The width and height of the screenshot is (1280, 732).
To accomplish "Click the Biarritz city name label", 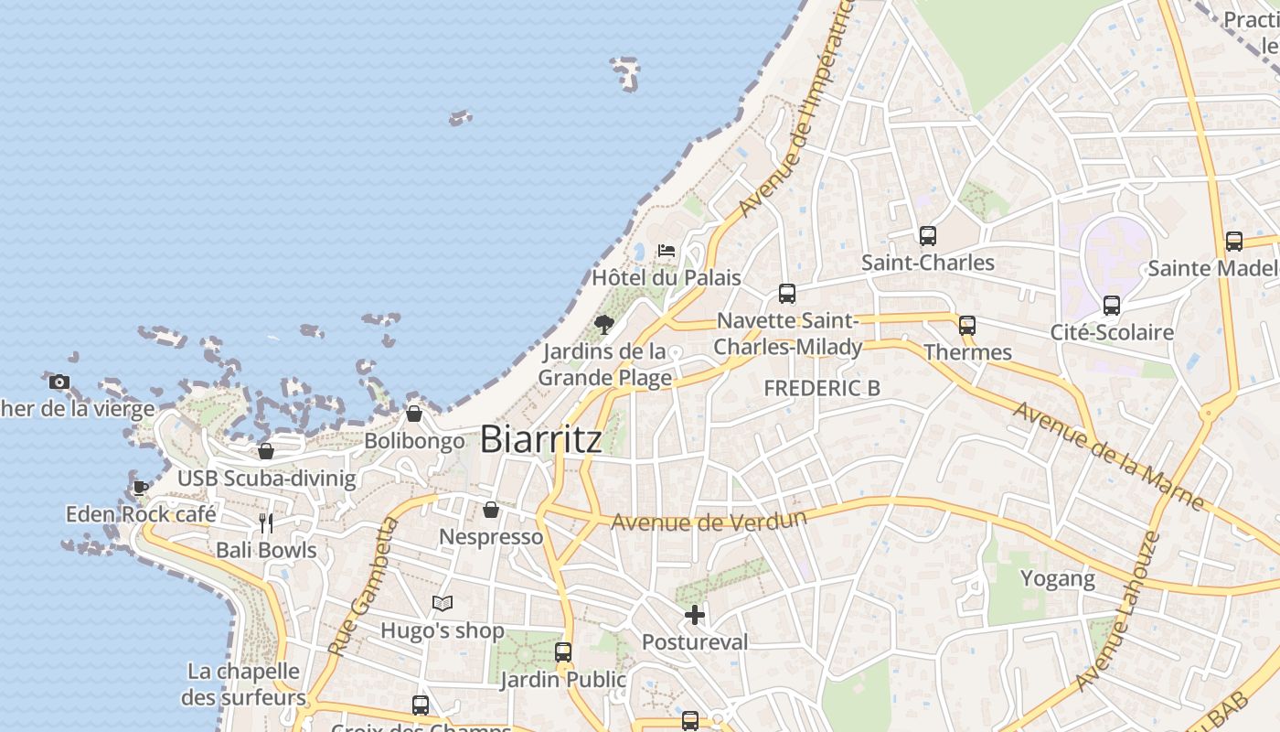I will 540,439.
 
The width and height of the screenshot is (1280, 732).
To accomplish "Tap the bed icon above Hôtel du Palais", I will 667,250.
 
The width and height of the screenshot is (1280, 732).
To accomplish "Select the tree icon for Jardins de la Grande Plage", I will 603,324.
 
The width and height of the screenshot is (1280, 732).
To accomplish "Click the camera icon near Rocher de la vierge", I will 59,382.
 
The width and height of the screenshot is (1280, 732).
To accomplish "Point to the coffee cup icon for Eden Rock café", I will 140,488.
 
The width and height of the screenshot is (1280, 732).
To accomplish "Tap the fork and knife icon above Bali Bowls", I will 266,523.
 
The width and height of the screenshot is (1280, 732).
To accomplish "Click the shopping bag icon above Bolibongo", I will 414,414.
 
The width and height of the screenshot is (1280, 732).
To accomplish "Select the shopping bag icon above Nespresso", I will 491,510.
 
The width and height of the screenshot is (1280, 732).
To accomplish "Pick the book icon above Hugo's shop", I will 443,603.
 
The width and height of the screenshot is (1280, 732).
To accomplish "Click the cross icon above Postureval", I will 695,615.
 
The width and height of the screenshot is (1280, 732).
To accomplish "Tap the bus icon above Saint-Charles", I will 927,236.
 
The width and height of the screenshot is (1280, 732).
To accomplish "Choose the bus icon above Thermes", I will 966,325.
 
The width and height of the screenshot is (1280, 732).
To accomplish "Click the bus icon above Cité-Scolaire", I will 1112,306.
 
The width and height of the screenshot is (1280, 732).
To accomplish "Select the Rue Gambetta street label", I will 364,587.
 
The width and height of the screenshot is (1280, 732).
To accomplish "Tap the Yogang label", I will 1057,578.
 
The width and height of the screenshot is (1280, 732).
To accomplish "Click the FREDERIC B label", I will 822,388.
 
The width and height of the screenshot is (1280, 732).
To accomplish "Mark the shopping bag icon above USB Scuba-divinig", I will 266,451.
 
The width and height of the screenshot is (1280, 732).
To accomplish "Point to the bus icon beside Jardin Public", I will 563,652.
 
